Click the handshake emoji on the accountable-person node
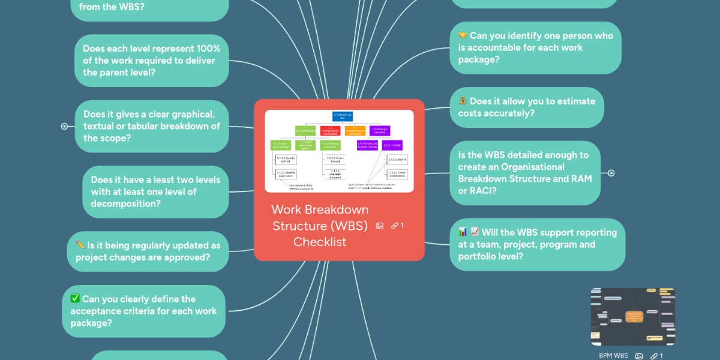pyautogui.click(x=463, y=36)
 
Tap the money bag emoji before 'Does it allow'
pyautogui.click(x=463, y=101)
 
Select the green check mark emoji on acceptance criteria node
pyautogui.click(x=75, y=299)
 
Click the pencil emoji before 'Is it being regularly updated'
pyautogui.click(x=80, y=245)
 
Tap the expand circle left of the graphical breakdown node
pyautogui.click(x=64, y=126)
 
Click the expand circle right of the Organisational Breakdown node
pyautogui.click(x=611, y=173)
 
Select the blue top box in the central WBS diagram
pyautogui.click(x=343, y=116)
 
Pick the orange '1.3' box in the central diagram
pyautogui.click(x=355, y=130)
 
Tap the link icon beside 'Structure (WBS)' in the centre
pyautogui.click(x=395, y=226)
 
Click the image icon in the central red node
pyautogui.click(x=379, y=226)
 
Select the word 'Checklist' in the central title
pyautogui.click(x=320, y=242)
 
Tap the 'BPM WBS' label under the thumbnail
pyautogui.click(x=613, y=356)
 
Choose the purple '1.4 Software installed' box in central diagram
pyautogui.click(x=380, y=130)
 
